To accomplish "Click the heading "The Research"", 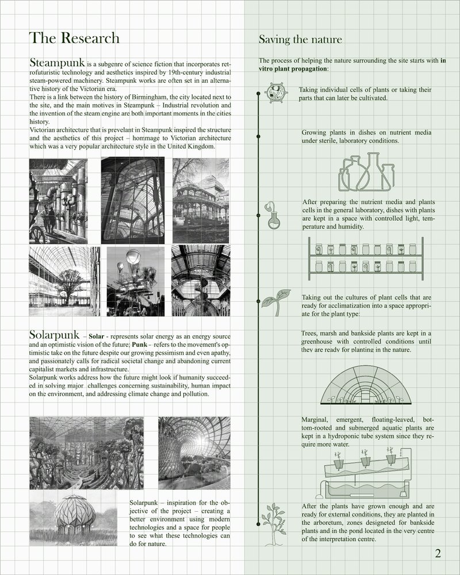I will pyautogui.click(x=74, y=38).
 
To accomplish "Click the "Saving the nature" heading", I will pyautogui.click(x=300, y=40).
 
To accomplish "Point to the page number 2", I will pyautogui.click(x=438, y=554).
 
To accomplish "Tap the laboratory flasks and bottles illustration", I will pyautogui.click(x=367, y=172).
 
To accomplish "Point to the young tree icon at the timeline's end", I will pyautogui.click(x=273, y=523).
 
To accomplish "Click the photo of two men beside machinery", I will pyautogui.click(x=58, y=201).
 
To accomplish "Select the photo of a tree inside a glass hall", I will pyautogui.click(x=63, y=277).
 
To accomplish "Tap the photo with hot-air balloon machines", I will pyautogui.click(x=136, y=277).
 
